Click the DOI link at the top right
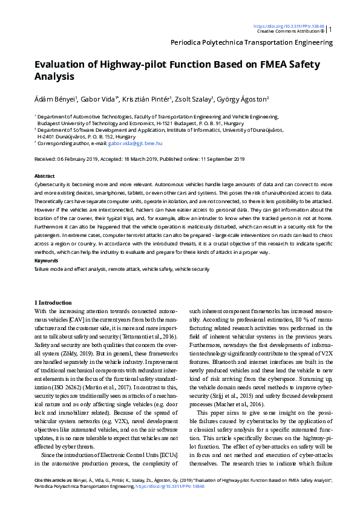click(289, 27)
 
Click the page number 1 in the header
click(330, 29)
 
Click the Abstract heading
click(44, 174)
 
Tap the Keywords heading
click(46, 261)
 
